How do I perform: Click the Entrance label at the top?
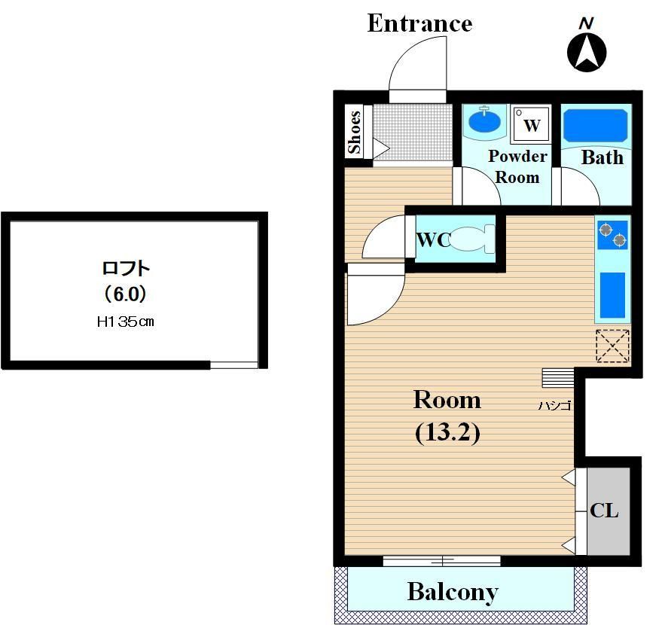tap(419, 23)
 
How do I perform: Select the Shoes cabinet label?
tap(355, 132)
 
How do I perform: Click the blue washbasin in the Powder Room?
tap(485, 120)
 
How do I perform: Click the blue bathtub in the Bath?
tap(596, 126)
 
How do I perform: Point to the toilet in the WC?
tap(471, 239)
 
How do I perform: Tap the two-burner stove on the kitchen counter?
tap(612, 235)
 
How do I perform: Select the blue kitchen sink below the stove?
tap(612, 295)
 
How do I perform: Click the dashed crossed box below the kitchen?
tap(612, 346)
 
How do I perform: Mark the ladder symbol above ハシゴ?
tap(558, 377)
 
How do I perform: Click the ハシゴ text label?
tap(554, 406)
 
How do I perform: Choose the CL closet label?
tap(604, 511)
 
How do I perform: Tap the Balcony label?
tap(453, 593)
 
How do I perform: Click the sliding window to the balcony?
tap(441, 561)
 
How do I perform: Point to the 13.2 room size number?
tap(447, 433)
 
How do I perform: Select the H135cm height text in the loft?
tap(125, 322)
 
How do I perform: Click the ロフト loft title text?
tap(126, 269)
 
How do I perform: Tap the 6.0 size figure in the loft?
tap(126, 294)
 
